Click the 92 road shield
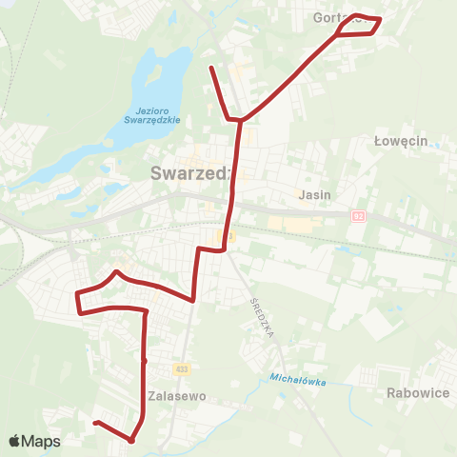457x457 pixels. tap(356, 217)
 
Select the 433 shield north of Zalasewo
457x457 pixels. tap(181, 368)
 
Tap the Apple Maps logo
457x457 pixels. tap(34, 441)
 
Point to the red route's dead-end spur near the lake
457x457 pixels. tap(211, 68)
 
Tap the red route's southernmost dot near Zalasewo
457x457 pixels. tap(131, 440)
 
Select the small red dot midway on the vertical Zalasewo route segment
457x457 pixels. tap(144, 361)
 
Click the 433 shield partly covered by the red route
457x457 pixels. tap(226, 235)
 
